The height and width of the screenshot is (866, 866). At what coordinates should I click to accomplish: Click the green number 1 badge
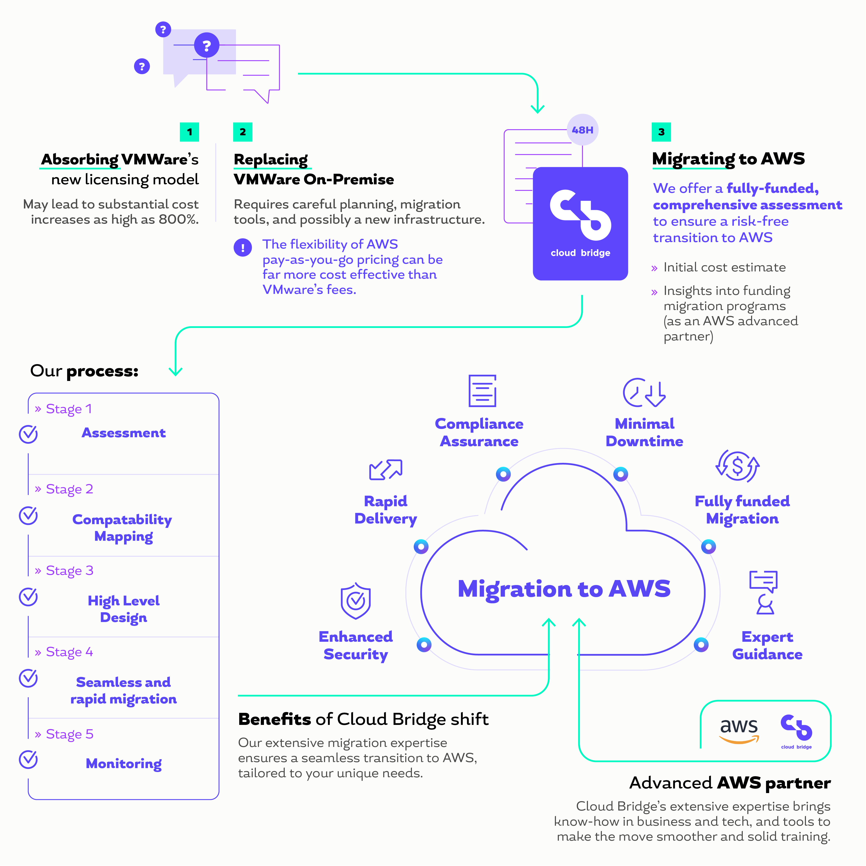(189, 132)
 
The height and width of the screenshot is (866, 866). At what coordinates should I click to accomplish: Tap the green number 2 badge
(243, 132)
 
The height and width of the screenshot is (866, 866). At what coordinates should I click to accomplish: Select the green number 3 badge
(661, 132)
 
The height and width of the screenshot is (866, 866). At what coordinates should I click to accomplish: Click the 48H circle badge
(582, 130)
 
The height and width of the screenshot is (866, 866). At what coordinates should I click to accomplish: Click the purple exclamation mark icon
(243, 248)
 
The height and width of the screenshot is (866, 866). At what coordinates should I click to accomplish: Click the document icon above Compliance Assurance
(482, 391)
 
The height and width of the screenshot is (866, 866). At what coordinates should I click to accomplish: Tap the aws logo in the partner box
(739, 730)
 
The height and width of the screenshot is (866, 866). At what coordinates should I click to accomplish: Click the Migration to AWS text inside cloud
(564, 589)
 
